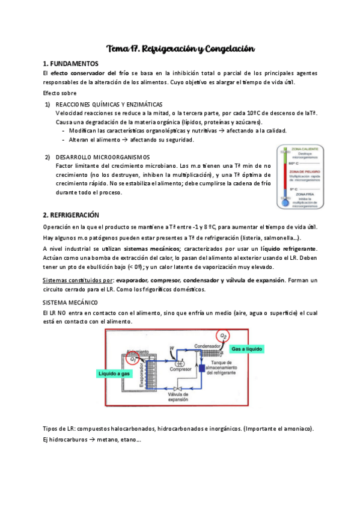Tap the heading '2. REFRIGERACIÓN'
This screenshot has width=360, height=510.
(x=71, y=215)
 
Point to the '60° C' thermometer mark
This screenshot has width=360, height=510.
(x=294, y=163)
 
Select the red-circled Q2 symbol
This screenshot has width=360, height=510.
(x=224, y=336)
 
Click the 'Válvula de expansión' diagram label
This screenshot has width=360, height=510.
(x=178, y=396)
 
